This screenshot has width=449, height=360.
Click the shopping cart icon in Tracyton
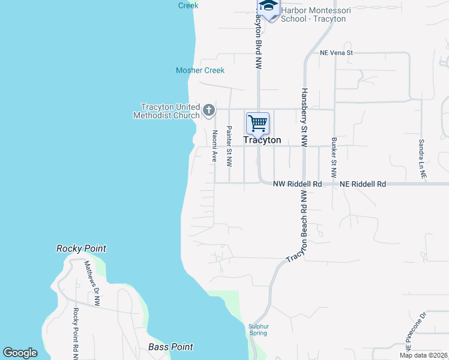point(258,124)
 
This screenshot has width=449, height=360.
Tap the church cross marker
point(209,110)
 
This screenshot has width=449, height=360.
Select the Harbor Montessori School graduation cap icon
point(268,6)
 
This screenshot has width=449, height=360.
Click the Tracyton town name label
point(262,140)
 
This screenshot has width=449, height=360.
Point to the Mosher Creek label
point(200,70)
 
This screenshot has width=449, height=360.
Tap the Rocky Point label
point(81,248)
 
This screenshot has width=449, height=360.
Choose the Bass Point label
point(170,347)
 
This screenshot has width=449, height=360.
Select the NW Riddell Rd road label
point(298,184)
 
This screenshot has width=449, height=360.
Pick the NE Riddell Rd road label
point(363,184)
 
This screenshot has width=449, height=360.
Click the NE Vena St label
point(336,53)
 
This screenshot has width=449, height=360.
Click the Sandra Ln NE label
point(423,160)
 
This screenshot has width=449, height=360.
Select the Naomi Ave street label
point(214,146)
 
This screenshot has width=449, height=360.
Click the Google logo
point(20,353)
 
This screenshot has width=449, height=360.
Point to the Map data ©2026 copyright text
point(423,355)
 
